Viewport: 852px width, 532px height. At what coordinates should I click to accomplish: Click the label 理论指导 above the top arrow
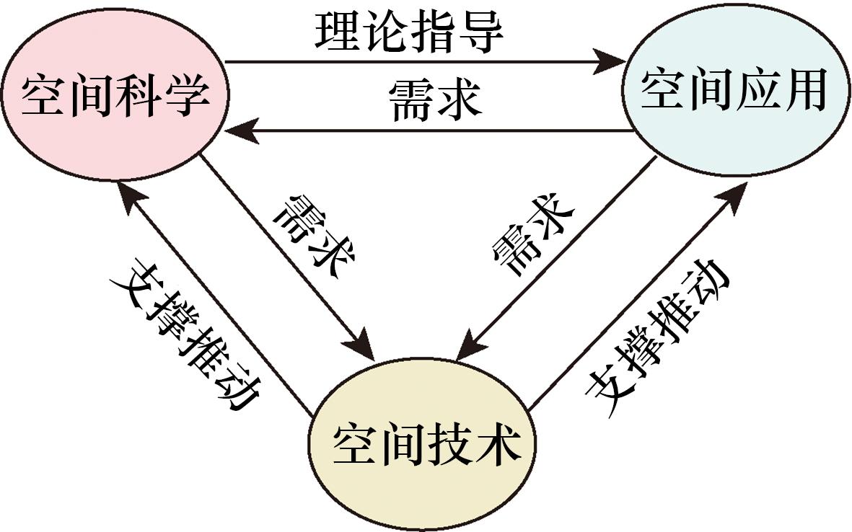408,32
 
